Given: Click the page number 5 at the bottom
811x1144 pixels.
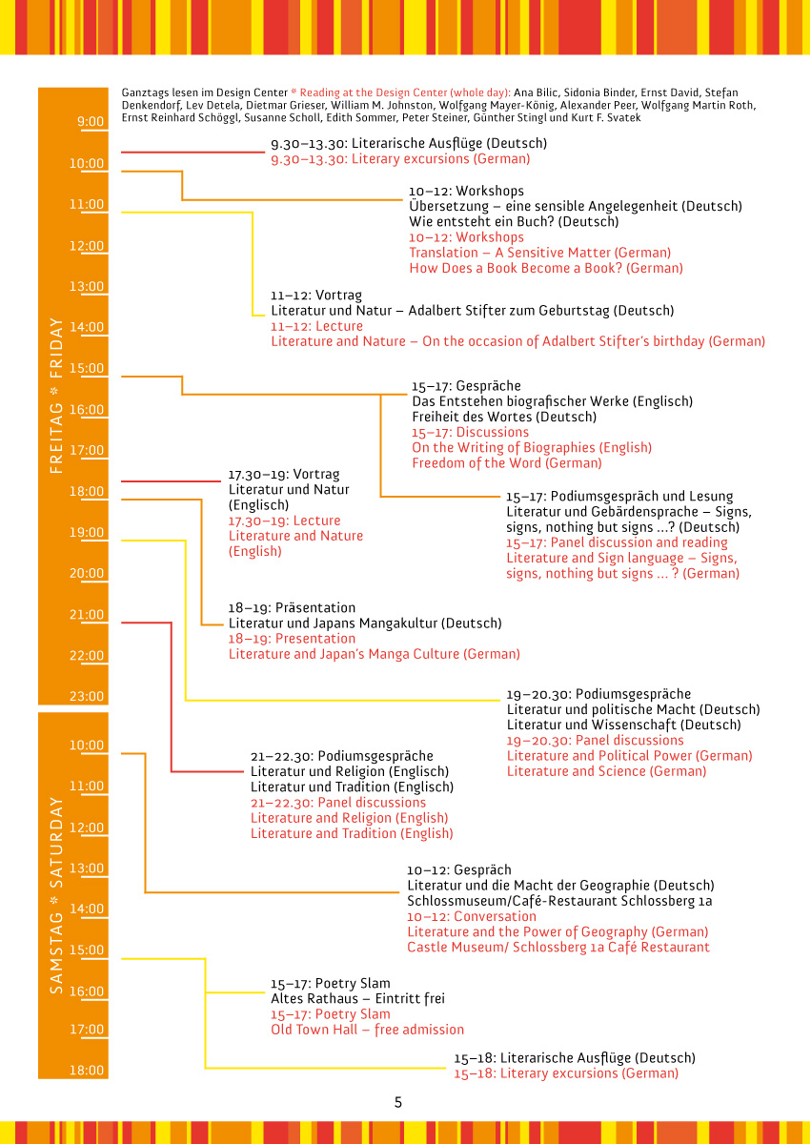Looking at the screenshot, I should pyautogui.click(x=398, y=1102).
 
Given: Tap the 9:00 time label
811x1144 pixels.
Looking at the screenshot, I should pyautogui.click(x=91, y=122).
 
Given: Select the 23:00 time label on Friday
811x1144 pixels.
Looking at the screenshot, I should pyautogui.click(x=87, y=697).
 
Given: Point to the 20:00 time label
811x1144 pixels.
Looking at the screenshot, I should pyautogui.click(x=87, y=574).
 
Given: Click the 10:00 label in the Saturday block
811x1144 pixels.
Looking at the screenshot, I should pyautogui.click(x=87, y=746).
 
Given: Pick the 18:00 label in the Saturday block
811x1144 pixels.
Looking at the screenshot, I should pyautogui.click(x=87, y=1071).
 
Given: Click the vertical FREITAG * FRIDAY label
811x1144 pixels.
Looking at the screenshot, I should pyautogui.click(x=56, y=395).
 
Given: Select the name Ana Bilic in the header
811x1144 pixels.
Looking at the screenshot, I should pyautogui.click(x=566, y=92).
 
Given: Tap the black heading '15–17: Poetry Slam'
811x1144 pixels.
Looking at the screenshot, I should pyautogui.click(x=331, y=984).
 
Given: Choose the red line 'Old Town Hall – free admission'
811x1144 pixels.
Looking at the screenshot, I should pyautogui.click(x=368, y=1030).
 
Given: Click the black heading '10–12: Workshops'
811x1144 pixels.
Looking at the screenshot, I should pyautogui.click(x=467, y=191).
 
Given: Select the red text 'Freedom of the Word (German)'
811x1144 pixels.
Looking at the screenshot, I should pyautogui.click(x=507, y=463).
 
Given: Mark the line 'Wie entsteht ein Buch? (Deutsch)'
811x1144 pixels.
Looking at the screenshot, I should pyautogui.click(x=514, y=221).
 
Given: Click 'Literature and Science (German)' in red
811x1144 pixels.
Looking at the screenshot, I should pyautogui.click(x=607, y=771).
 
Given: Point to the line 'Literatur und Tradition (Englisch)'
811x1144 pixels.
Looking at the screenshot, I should pyautogui.click(x=352, y=787).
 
